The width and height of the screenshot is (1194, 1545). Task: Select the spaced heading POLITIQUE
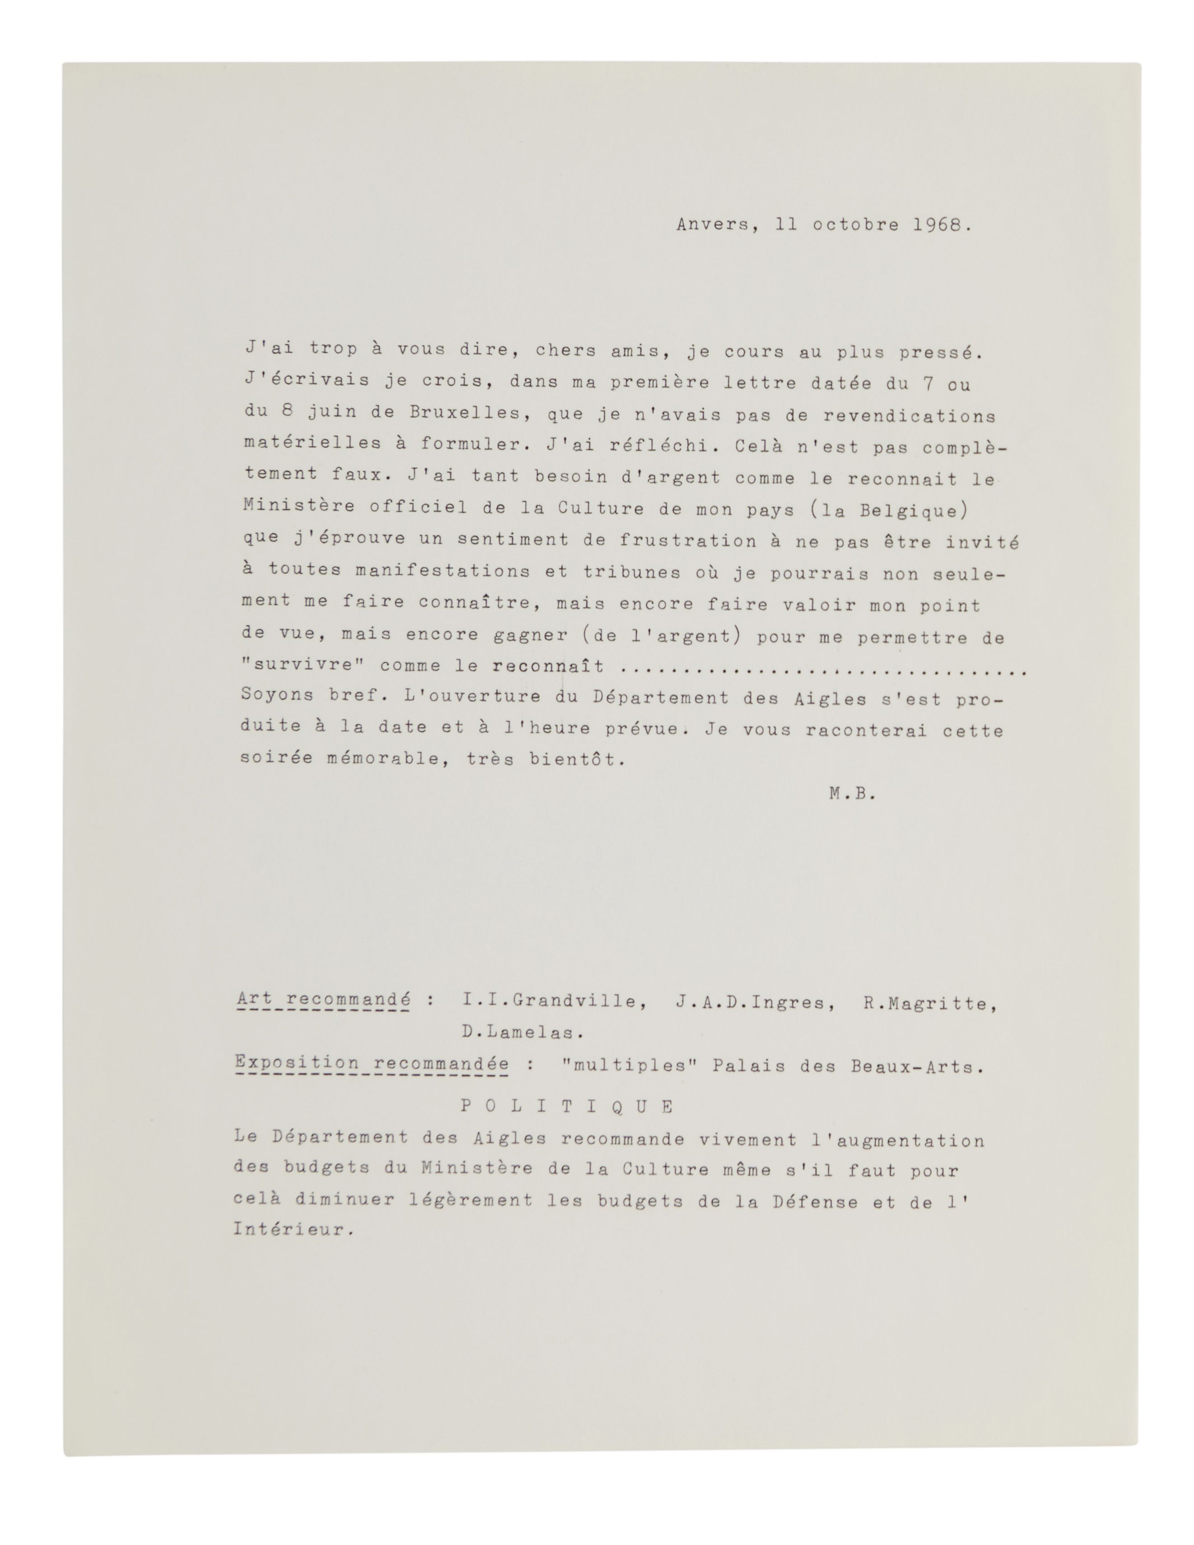pyautogui.click(x=567, y=1107)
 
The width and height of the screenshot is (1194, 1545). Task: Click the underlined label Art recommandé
pyautogui.click(x=324, y=1001)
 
